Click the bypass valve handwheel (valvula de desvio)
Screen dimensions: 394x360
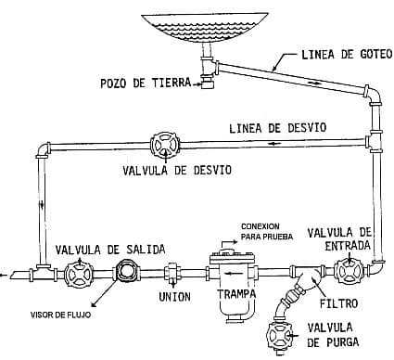coord(165,146)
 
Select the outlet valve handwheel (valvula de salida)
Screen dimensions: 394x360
coord(79,275)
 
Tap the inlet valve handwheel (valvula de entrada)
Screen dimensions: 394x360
coord(350,272)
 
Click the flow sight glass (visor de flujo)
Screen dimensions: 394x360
coord(126,269)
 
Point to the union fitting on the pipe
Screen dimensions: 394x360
coord(172,273)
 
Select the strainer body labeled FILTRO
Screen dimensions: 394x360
coord(309,280)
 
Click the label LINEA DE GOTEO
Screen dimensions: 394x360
coord(347,55)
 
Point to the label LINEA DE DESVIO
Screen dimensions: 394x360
coord(277,128)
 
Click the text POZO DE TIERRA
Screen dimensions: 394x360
coord(146,84)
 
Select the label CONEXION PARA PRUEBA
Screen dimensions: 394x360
coord(267,232)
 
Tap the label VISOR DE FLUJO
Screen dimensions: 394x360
coord(61,315)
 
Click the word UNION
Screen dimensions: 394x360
coord(174,297)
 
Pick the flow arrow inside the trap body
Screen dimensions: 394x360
coord(229,273)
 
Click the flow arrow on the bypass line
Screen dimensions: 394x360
coord(274,143)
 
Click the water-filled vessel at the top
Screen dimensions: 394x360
coord(204,28)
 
